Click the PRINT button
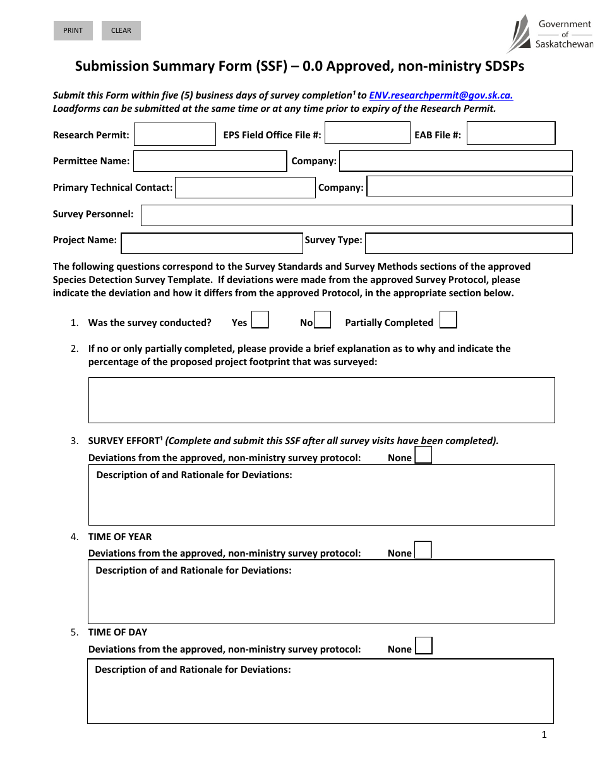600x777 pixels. click(73, 30)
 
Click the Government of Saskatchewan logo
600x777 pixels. click(549, 33)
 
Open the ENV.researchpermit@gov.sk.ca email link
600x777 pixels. click(441, 95)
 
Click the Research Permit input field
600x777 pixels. click(175, 135)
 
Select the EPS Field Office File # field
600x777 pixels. click(367, 133)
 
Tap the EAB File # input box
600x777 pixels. click(511, 133)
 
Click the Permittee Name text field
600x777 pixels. click(210, 161)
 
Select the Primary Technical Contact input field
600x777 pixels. click(245, 188)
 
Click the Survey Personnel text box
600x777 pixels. click(356, 215)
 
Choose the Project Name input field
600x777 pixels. click(212, 243)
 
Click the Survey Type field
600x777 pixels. click(469, 243)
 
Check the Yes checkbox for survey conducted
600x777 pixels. click(260, 320)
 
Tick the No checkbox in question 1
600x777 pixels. click(323, 320)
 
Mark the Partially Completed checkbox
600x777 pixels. click(448, 320)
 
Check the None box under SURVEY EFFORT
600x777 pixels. click(423, 455)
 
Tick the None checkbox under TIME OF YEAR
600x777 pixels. click(423, 550)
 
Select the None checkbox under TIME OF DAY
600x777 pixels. click(424, 646)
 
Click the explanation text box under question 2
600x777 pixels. click(321, 400)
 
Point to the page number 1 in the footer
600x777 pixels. click(544, 734)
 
